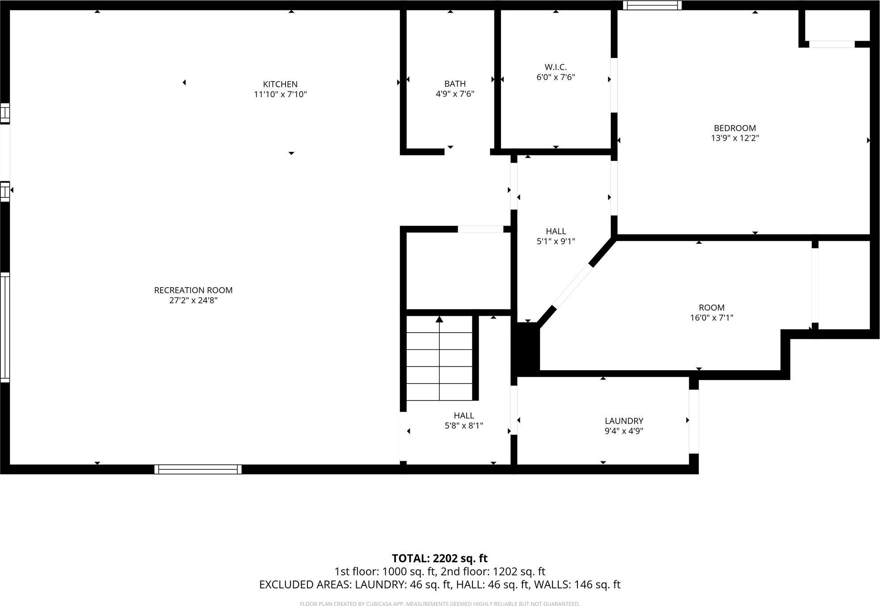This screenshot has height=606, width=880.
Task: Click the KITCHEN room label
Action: point(280,84)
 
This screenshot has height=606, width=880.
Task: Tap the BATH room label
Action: point(455,84)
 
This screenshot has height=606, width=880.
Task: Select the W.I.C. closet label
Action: point(556,67)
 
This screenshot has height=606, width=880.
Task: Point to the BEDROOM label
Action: point(735,128)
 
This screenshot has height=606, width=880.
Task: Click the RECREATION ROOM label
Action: point(193,290)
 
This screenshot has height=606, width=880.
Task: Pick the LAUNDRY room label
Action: point(624,421)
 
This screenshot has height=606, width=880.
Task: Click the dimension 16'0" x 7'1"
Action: point(712,318)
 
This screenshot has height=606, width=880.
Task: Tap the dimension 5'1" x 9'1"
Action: point(556,242)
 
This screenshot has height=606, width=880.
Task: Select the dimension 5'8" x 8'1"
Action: point(464,426)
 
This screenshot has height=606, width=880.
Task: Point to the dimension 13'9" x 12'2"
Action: point(735,138)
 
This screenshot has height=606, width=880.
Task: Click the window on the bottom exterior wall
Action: point(198,469)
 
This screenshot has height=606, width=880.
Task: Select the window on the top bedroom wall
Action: point(652,5)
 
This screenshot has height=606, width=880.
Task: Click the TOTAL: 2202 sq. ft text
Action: point(439,559)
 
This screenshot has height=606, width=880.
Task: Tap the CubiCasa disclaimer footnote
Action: point(439,604)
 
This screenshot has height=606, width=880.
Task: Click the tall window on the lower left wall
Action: point(5,327)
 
